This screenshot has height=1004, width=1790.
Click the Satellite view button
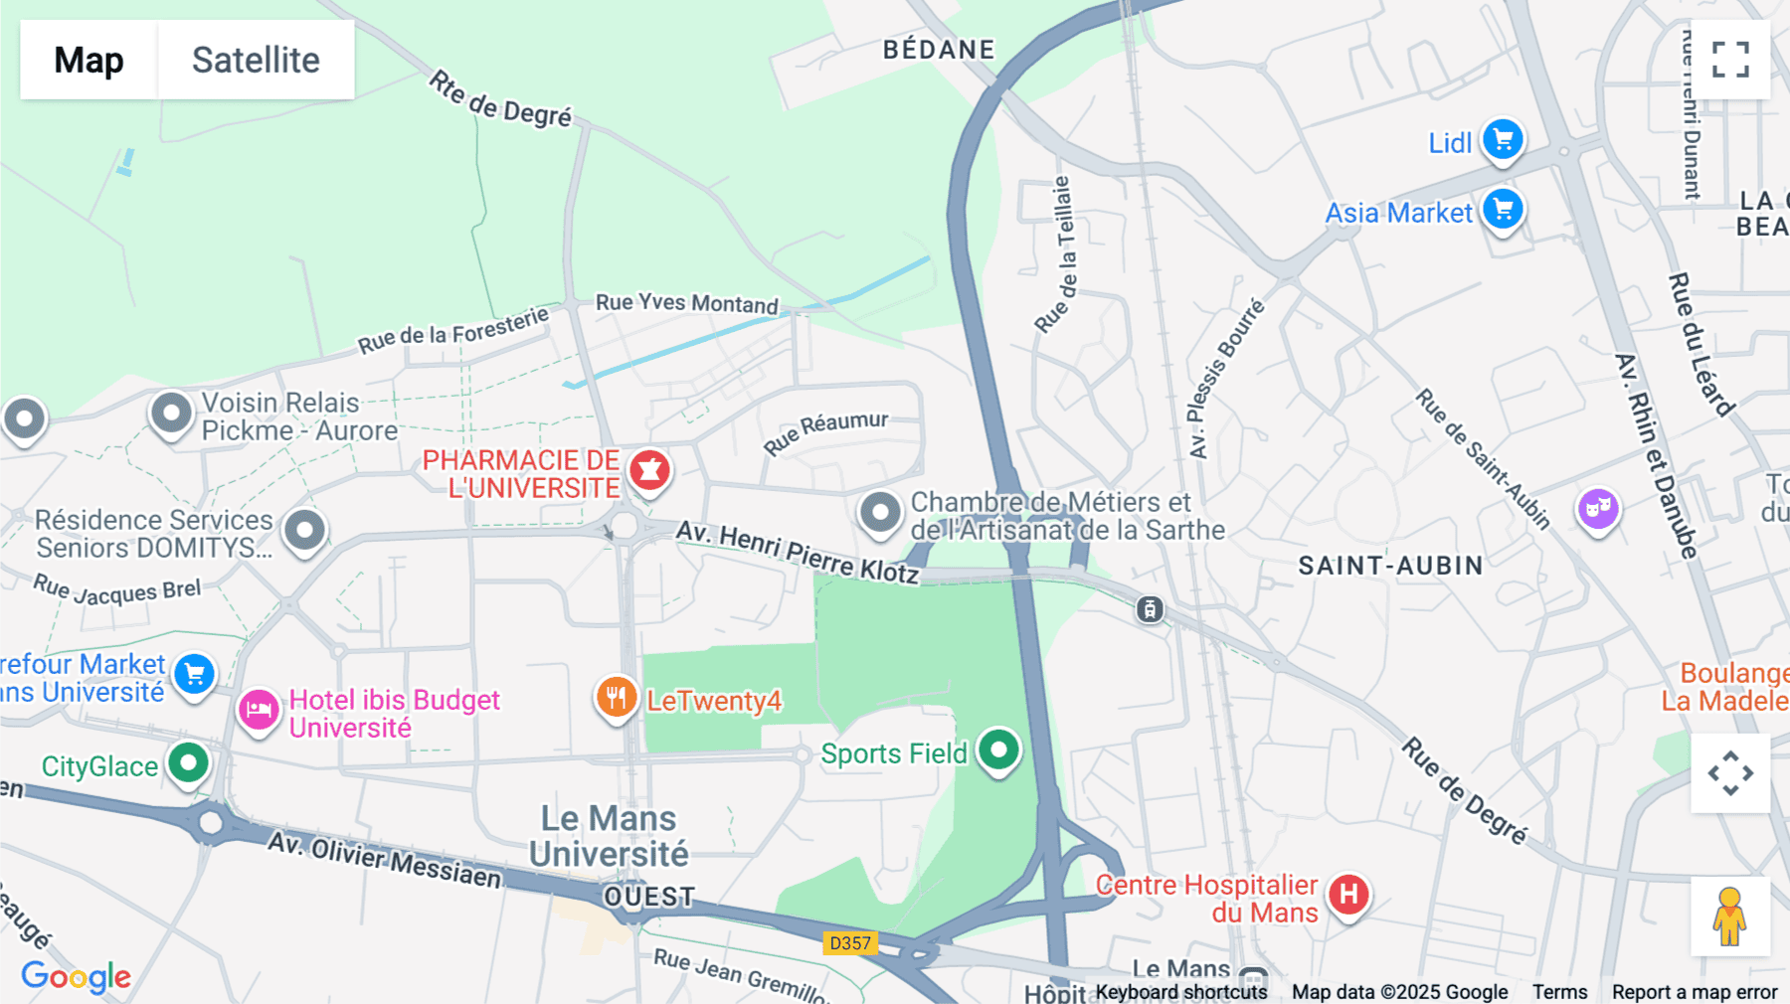click(x=256, y=60)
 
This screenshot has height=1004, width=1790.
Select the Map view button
click(x=89, y=60)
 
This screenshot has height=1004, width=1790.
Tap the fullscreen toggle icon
click(x=1730, y=60)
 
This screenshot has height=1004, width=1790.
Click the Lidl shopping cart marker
click(x=1503, y=139)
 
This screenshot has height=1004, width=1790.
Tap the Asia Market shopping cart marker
click(x=1503, y=210)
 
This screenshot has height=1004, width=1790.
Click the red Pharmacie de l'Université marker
click(x=649, y=469)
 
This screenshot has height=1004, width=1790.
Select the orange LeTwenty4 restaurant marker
click(x=617, y=697)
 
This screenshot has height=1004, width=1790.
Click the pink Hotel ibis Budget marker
click(x=259, y=710)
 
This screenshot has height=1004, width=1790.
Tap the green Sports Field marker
click(x=998, y=750)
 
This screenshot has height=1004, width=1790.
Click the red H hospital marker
click(x=1348, y=894)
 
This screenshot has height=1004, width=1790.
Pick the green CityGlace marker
click(x=188, y=763)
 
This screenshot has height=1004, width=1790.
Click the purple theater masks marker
click(x=1598, y=509)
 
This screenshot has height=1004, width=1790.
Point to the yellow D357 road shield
click(x=850, y=942)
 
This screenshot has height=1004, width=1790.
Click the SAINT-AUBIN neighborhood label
click(x=1390, y=566)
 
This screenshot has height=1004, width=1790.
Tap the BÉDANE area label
click(x=939, y=50)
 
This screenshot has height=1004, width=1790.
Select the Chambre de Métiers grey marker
click(x=880, y=513)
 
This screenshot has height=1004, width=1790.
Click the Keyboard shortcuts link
click(x=1180, y=991)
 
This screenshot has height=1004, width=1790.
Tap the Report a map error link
click(x=1694, y=991)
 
